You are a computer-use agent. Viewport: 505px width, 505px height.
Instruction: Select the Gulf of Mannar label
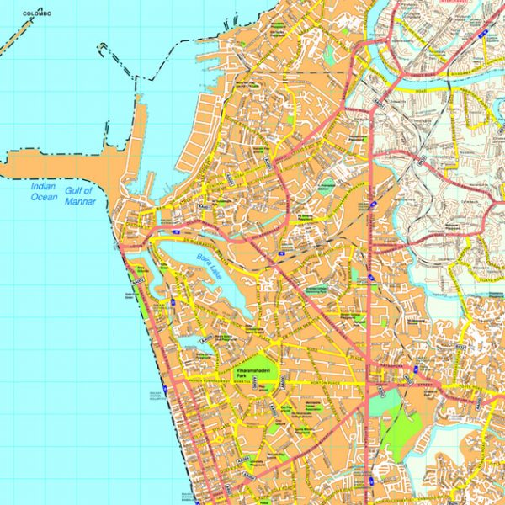(x=83, y=195)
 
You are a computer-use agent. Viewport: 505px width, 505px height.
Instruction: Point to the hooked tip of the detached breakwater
(x=100, y=47)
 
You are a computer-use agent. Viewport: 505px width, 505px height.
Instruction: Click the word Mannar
(x=83, y=201)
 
